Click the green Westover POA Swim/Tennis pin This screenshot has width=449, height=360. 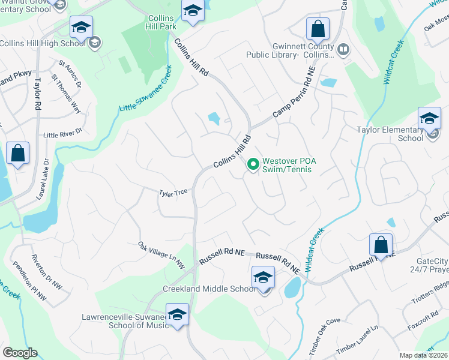pyautogui.click(x=253, y=163)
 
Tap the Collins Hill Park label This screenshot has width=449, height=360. pyautogui.click(x=161, y=23)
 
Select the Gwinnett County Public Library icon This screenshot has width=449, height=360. pyautogui.click(x=344, y=49)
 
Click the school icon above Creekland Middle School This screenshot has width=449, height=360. pyautogui.click(x=263, y=278)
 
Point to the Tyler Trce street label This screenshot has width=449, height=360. pyautogui.click(x=173, y=193)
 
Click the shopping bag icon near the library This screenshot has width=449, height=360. pyautogui.click(x=318, y=29)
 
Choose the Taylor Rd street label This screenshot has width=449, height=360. pyautogui.click(x=37, y=93)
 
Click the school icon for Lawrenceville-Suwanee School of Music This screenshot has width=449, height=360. pyautogui.click(x=177, y=315)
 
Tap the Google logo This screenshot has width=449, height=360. pyautogui.click(x=20, y=353)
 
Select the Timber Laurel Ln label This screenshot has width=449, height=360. pyautogui.click(x=358, y=341)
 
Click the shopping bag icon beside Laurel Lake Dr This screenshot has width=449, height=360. pyautogui.click(x=18, y=153)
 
